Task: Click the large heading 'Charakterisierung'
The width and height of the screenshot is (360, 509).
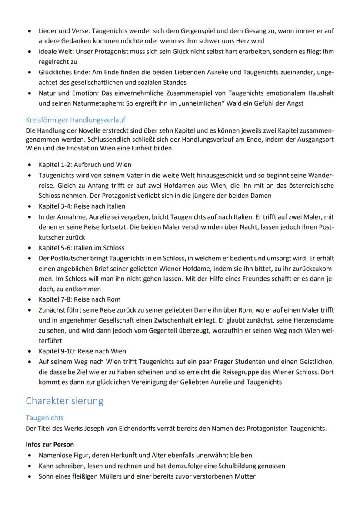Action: pyautogui.click(x=65, y=400)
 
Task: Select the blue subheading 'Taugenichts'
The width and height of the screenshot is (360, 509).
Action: pyautogui.click(x=45, y=418)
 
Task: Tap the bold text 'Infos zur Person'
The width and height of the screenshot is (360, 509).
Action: pyautogui.click(x=50, y=445)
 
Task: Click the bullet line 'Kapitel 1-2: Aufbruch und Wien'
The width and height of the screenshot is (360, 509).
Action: pyautogui.click(x=85, y=165)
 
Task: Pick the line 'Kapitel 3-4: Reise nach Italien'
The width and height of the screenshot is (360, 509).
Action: pyautogui.click(x=82, y=206)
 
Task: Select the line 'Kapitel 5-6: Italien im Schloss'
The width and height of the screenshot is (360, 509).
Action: pyautogui.click(x=81, y=248)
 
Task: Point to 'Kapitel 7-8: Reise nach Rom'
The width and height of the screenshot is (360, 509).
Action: pyautogui.click(x=80, y=299)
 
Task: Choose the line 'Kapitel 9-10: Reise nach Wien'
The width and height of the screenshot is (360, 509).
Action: pyautogui.click(x=83, y=351)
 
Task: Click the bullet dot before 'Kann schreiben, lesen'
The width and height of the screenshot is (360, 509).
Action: pyautogui.click(x=29, y=466)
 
